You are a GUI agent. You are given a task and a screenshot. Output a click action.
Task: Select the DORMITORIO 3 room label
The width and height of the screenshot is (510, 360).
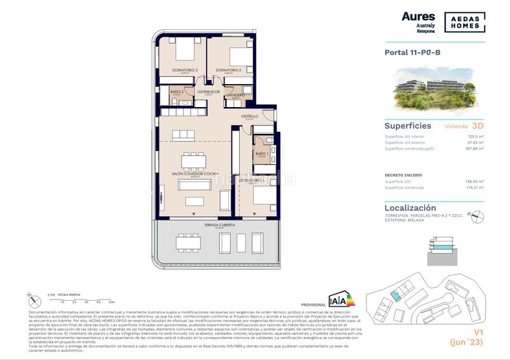tap(184, 70)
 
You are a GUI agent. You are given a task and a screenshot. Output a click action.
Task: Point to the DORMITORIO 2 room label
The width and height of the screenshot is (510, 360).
tap(228, 70)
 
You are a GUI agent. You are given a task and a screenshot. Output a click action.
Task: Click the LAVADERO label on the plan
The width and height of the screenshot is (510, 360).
tap(236, 94)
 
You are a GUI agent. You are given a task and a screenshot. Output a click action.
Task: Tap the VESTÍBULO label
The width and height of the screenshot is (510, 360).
tap(249, 117)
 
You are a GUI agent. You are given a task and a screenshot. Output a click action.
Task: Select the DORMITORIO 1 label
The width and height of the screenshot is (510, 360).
tap(252, 180)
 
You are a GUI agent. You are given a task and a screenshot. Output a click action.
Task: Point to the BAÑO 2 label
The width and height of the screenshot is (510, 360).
tap(177, 92)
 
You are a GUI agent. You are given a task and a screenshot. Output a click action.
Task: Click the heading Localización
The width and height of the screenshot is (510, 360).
tap(411, 208)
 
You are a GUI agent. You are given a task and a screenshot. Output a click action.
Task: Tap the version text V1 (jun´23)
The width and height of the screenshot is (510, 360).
tap(468, 336)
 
